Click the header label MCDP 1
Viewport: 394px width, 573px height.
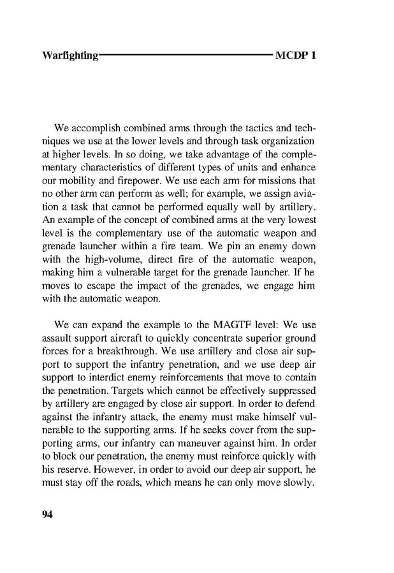[296, 55]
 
